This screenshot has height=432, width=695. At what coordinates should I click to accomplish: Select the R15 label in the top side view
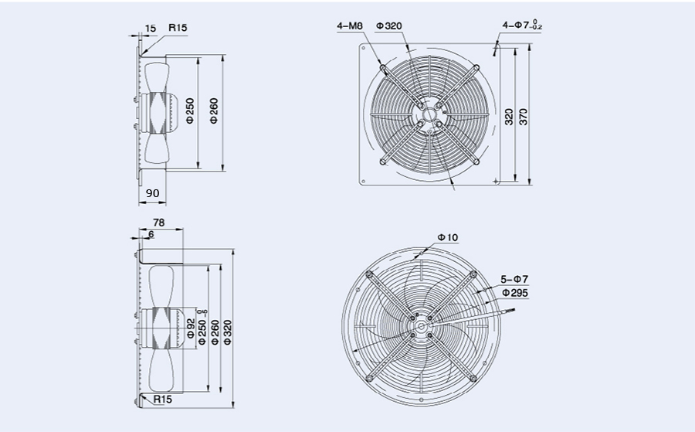pyautogui.click(x=178, y=28)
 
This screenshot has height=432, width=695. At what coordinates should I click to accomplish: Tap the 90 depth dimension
pyautogui.click(x=152, y=192)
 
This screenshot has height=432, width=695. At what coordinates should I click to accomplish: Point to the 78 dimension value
pyautogui.click(x=159, y=222)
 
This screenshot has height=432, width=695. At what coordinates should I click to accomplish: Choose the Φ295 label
pyautogui.click(x=515, y=293)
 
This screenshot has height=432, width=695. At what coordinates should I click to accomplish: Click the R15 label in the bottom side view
pyautogui.click(x=162, y=400)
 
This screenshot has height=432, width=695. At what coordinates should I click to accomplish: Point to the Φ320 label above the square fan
pyautogui.click(x=389, y=26)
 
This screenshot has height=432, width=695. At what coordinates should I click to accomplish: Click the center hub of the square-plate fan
pyautogui.click(x=427, y=115)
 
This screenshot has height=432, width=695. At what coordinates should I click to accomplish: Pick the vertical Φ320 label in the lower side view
pyautogui.click(x=226, y=331)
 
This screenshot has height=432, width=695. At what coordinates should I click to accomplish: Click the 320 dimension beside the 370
pyautogui.click(x=509, y=116)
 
